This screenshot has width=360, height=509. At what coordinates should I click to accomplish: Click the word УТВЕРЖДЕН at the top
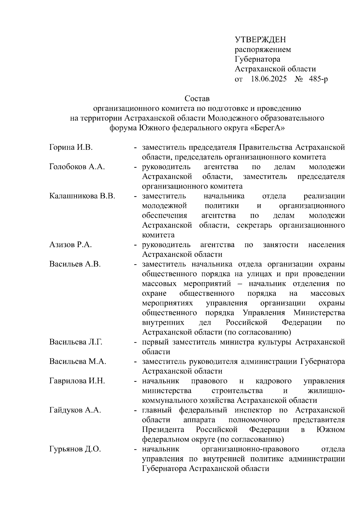[x=260, y=40]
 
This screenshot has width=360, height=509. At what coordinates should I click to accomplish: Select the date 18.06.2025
[x=269, y=79]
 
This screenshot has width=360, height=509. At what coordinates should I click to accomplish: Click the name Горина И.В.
[x=71, y=147]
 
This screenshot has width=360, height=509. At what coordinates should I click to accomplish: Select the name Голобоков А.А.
[x=77, y=167]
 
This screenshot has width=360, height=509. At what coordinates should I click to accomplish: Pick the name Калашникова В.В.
[x=82, y=196]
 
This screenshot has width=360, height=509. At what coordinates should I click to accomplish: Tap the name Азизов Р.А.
[x=70, y=245]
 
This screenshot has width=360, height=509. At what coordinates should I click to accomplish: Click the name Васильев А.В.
[x=75, y=264]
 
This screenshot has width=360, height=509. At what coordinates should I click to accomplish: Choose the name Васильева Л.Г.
[x=76, y=342]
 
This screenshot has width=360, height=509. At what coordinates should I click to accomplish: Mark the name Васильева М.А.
[x=78, y=361]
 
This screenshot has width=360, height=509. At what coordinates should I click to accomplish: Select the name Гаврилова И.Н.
[x=77, y=381]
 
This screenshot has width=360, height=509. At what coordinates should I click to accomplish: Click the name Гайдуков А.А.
[x=75, y=410]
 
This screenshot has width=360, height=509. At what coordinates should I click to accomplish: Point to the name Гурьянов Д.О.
[x=75, y=449]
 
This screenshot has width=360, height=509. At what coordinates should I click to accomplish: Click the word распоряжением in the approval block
[x=263, y=49]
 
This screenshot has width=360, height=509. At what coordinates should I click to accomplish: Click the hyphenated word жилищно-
[x=326, y=391]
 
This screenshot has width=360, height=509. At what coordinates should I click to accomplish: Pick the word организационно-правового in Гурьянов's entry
[x=250, y=449]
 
